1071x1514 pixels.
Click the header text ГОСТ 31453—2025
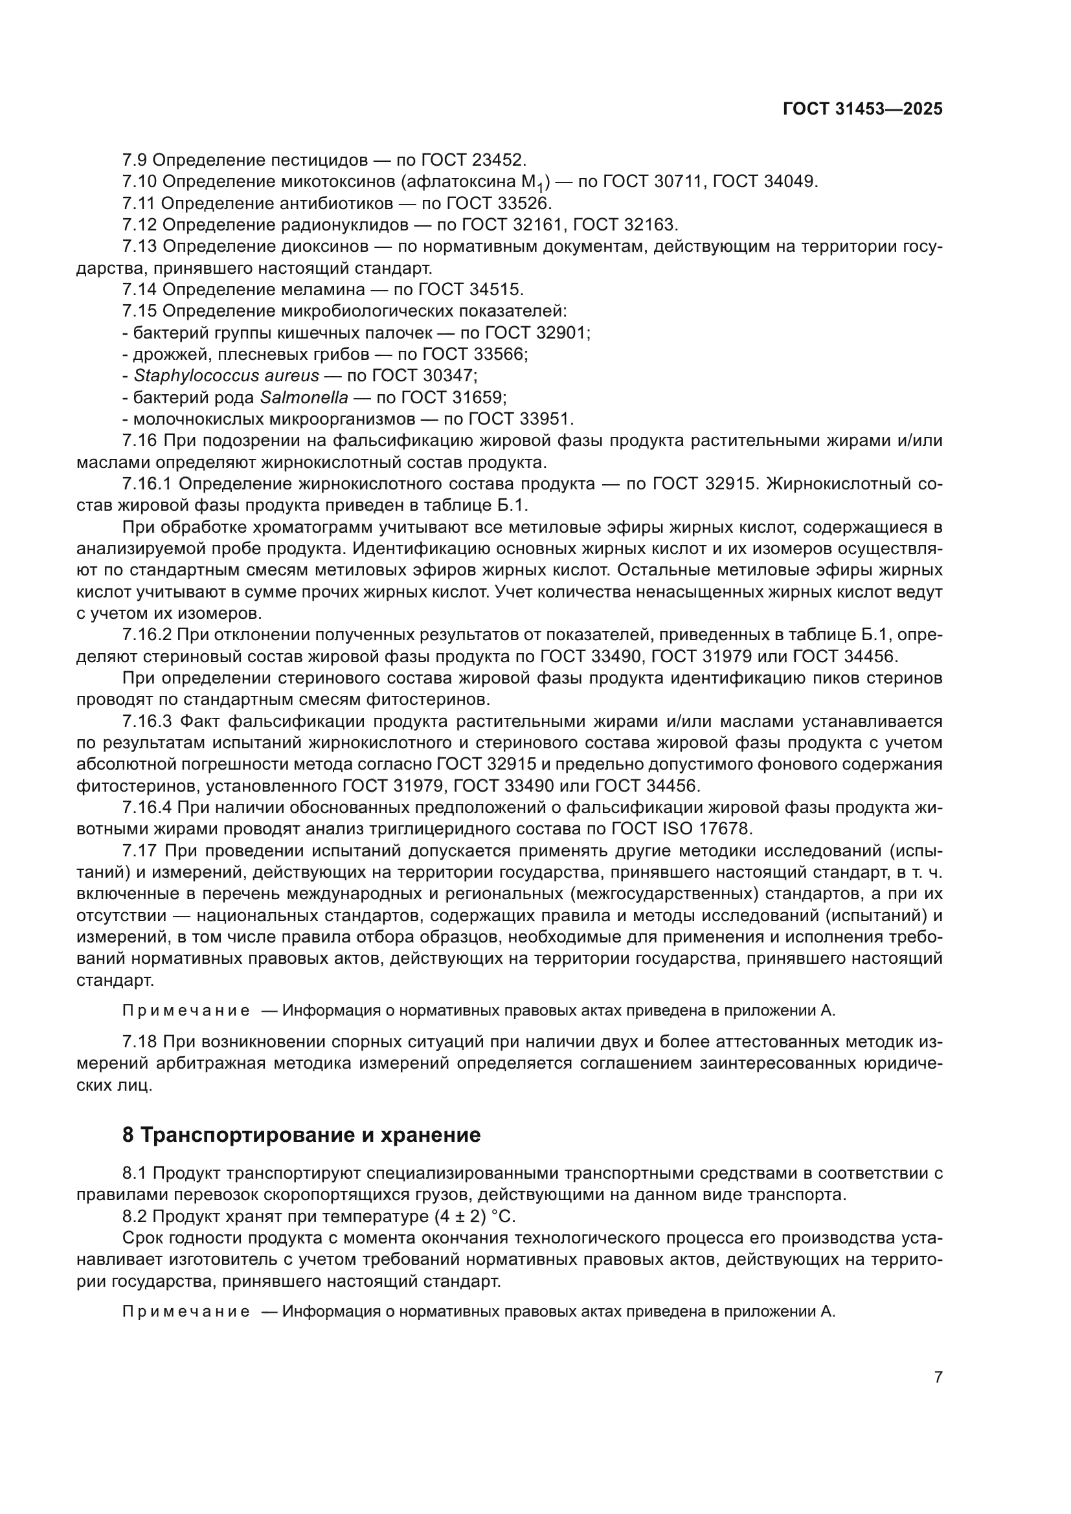point(862,109)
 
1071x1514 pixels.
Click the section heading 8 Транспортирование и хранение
point(301,1135)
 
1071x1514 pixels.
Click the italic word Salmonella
point(304,397)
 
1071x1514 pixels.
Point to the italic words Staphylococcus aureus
point(226,376)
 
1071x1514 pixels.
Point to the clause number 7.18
point(139,1042)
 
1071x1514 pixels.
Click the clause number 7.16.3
point(148,722)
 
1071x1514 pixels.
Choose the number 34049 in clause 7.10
point(790,182)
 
